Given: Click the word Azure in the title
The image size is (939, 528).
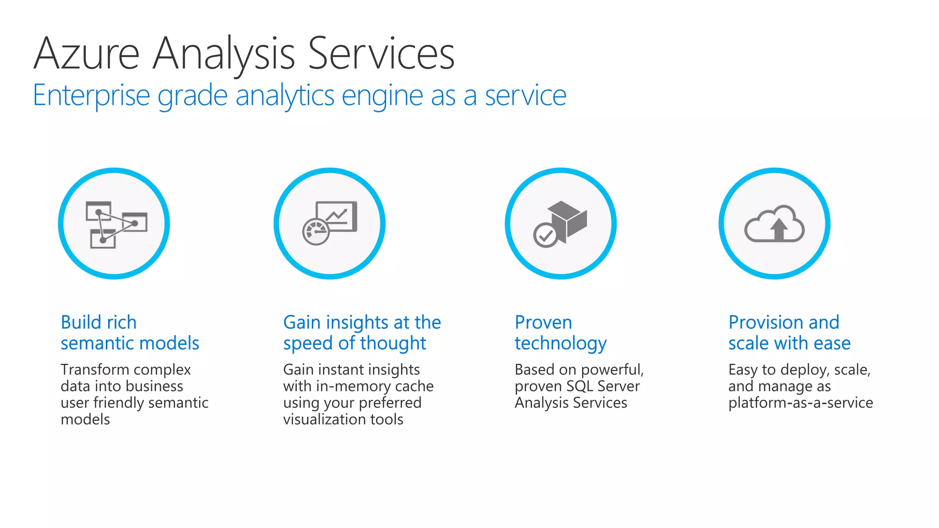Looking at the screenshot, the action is [x=86, y=54].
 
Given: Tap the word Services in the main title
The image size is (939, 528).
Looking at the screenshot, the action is [x=381, y=54].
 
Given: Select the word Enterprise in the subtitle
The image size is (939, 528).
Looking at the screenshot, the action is [x=91, y=95].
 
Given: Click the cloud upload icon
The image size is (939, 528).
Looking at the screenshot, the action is [x=774, y=224].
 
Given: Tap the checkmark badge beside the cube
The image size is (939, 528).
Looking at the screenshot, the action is [x=545, y=235].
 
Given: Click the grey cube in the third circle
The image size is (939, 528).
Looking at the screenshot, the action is [x=568, y=219].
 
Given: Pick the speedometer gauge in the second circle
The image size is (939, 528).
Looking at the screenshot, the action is [x=316, y=231].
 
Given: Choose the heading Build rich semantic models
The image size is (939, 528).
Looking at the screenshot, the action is [x=130, y=333].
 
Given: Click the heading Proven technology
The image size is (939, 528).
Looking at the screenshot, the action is [x=560, y=333].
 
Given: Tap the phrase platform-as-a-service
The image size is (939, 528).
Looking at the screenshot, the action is [x=801, y=403].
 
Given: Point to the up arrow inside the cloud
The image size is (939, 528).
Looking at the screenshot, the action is [x=778, y=229].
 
